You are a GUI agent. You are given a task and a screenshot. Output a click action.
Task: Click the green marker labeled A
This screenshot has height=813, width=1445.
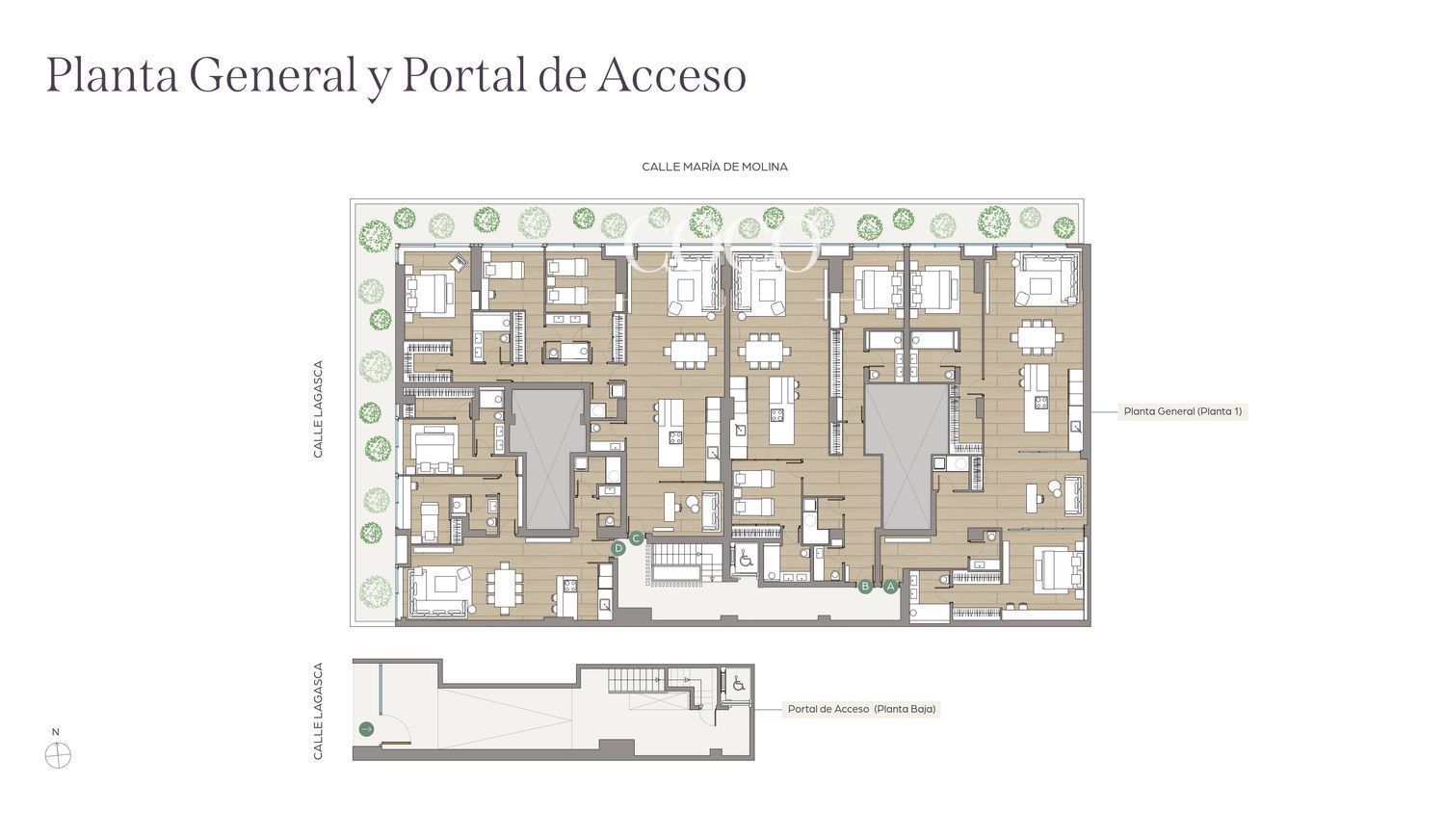890,587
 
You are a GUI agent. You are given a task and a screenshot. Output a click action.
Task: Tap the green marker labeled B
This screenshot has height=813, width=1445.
865,587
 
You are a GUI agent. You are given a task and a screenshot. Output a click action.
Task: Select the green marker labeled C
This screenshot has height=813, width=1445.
636,538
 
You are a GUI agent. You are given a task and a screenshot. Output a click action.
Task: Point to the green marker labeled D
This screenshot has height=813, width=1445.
618,548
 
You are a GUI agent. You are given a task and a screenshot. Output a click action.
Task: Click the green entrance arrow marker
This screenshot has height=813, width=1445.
366,729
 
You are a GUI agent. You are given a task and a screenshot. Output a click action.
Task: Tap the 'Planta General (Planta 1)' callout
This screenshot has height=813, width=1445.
1182,411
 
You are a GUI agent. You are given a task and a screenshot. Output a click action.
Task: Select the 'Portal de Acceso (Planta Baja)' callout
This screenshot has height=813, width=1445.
861,709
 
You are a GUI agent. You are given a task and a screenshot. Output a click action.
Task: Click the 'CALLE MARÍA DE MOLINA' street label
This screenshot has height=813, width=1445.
715,167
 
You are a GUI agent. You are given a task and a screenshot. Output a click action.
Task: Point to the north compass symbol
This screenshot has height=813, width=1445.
58,755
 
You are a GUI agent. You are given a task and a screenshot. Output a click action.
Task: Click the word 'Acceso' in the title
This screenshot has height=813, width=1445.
671,75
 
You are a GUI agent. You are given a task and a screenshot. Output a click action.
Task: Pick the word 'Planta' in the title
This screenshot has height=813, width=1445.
112,75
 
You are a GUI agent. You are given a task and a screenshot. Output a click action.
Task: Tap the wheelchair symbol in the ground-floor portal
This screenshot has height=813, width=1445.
739,683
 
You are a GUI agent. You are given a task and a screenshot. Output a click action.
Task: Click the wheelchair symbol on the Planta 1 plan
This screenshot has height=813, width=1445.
746,559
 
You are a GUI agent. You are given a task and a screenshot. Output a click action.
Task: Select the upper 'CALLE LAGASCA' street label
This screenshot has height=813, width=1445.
317,409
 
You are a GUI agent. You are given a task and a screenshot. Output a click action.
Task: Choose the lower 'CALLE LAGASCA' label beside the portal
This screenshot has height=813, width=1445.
317,711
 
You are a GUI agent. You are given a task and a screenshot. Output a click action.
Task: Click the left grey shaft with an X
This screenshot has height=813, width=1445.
548,459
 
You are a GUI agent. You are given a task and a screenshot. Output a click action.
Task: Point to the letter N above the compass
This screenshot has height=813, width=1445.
56,732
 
